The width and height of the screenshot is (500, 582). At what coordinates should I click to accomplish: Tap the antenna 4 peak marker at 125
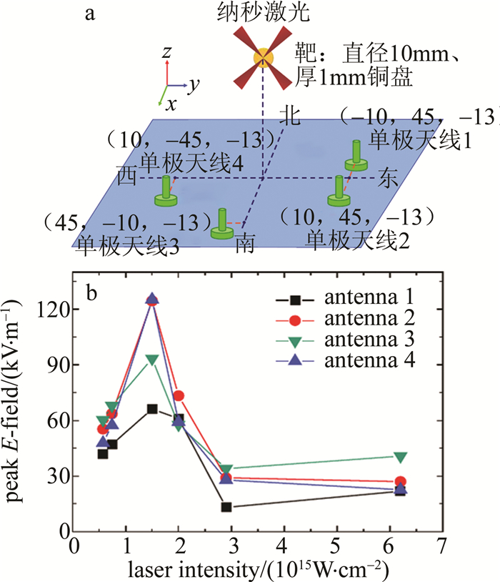(x=152, y=300)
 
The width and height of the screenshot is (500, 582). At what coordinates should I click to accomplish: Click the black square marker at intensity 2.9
(x=226, y=507)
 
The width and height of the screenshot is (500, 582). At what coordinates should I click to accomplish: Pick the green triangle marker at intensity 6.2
(x=401, y=457)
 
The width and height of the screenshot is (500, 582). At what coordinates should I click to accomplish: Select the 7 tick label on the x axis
(x=441, y=545)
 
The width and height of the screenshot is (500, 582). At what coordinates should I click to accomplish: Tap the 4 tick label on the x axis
(x=284, y=545)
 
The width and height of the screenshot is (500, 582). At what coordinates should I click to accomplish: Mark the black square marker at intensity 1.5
(x=152, y=409)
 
